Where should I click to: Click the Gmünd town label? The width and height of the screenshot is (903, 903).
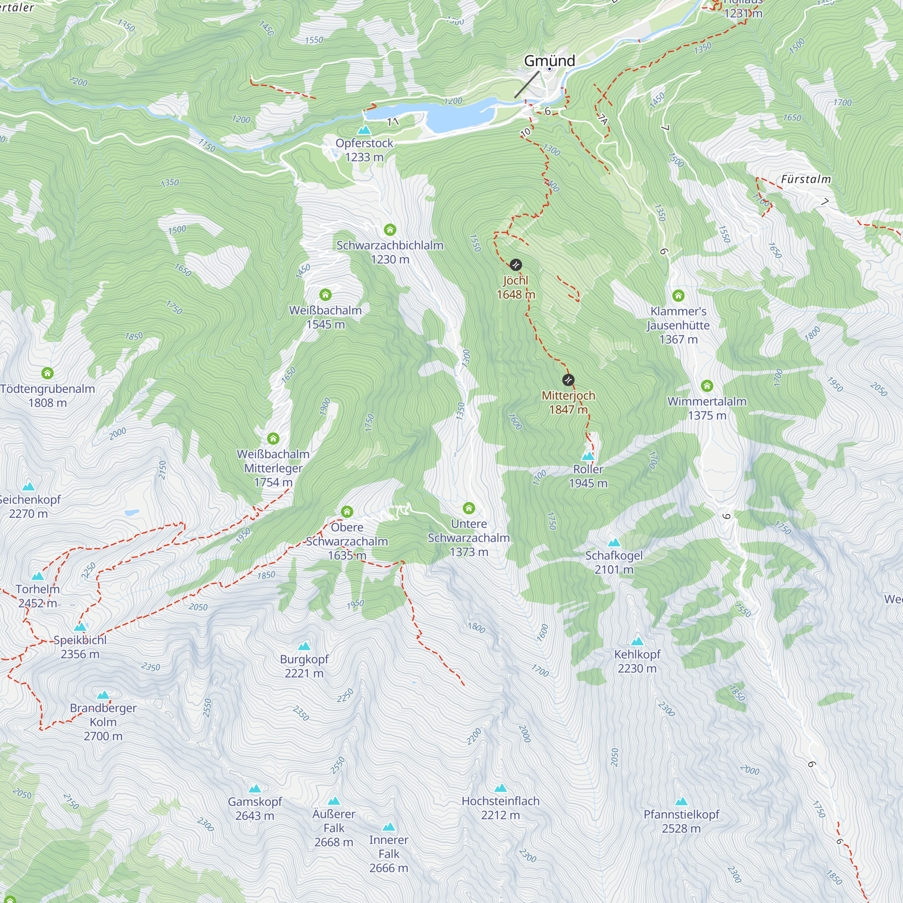[549, 61]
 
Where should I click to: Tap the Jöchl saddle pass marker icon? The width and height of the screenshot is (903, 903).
[516, 265]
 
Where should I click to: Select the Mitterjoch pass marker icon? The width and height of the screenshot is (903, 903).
[568, 380]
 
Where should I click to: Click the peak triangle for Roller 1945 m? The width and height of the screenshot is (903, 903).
[588, 456]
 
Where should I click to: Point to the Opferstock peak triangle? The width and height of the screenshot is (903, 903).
[364, 130]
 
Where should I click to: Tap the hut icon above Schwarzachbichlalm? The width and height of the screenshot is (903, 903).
[390, 229]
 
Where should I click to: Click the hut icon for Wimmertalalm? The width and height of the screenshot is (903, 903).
[707, 386]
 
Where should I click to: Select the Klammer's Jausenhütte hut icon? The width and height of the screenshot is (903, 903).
[678, 295]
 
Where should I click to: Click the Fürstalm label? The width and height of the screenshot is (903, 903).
[806, 180]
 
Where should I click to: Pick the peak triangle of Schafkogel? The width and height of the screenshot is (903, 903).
[614, 543]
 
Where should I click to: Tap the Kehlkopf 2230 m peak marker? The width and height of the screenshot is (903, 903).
[638, 641]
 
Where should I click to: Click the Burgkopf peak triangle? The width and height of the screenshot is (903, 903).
[304, 647]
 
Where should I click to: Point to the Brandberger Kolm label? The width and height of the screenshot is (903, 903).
[103, 721]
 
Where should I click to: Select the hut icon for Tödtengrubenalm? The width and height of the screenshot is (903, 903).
[47, 373]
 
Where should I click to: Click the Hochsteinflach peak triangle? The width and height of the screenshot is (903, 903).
[501, 788]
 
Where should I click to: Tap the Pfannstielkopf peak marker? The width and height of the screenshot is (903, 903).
[681, 801]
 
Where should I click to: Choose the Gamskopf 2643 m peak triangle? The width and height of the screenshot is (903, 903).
[255, 789]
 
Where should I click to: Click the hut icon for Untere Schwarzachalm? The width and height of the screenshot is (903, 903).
[469, 508]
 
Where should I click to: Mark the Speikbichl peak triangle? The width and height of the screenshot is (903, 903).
[80, 627]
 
